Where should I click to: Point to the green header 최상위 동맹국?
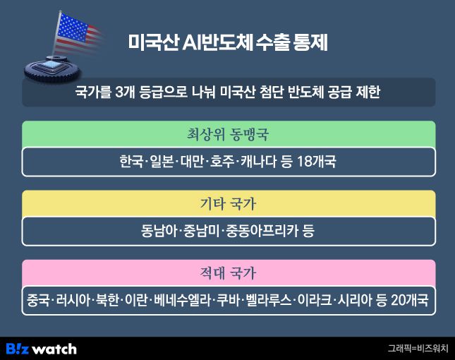tap(228, 133)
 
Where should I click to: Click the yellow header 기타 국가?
tap(228, 203)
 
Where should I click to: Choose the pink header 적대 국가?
tap(228, 272)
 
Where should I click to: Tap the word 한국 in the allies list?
tap(131, 162)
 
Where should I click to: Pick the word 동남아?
tap(161, 231)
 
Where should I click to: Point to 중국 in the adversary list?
tap(37, 300)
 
